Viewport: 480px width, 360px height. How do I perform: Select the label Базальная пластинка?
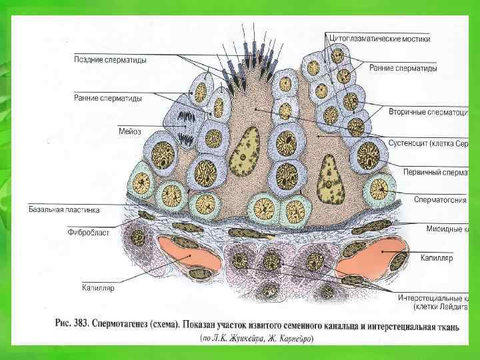(x=63, y=209)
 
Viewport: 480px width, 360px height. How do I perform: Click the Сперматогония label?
(x=440, y=199)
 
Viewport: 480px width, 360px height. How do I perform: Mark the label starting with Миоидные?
(x=448, y=229)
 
